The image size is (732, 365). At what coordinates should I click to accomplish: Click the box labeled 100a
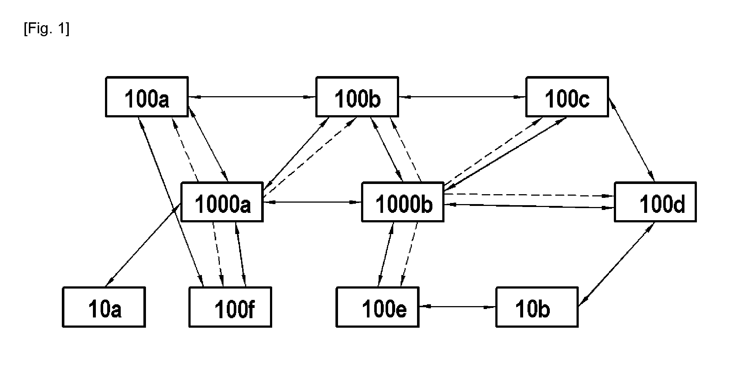tap(147, 97)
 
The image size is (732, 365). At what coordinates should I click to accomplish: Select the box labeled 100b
tap(357, 97)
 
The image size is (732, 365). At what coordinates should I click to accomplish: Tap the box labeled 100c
tap(567, 97)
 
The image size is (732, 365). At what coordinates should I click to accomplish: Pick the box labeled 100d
tap(655, 202)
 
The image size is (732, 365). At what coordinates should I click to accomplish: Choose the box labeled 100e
tap(378, 307)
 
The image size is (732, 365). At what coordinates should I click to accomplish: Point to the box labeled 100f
tap(230, 307)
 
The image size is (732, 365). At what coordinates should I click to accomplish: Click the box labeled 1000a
tap(222, 202)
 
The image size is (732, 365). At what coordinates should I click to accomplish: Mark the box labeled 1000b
tap(403, 202)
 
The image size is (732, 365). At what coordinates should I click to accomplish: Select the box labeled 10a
tap(104, 307)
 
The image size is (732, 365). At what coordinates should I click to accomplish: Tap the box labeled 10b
tap(537, 307)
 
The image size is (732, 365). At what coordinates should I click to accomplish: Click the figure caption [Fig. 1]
tap(46, 29)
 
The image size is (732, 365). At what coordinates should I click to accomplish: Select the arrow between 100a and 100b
tap(252, 97)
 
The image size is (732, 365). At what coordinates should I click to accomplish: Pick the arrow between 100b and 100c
tap(462, 97)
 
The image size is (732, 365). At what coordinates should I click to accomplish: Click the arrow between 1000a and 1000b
tap(312, 202)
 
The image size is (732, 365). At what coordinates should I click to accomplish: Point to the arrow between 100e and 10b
tap(457, 307)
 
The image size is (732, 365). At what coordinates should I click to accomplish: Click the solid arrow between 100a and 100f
tap(171, 202)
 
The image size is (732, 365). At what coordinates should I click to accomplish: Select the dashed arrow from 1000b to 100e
tap(409, 254)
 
